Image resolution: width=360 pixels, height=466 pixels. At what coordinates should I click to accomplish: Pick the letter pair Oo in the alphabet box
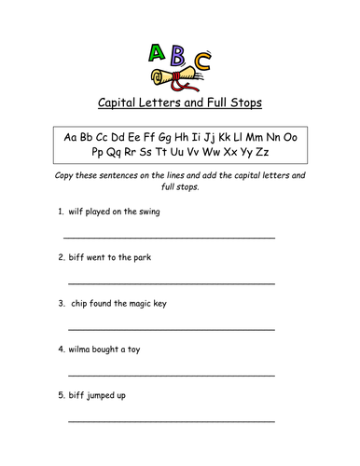click(288, 137)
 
